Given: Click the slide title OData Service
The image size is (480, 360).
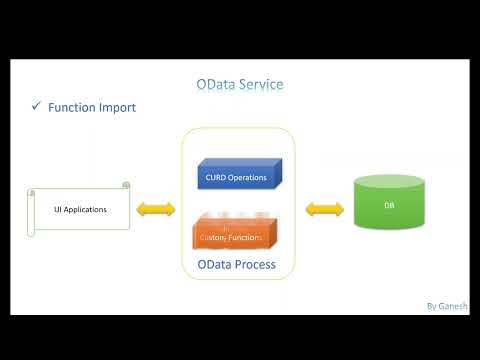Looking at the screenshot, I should [239, 84].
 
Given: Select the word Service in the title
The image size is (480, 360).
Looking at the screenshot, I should [260, 84].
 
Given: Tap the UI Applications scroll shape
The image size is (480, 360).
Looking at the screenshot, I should [79, 209].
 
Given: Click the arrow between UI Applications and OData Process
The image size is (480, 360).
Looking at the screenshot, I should [155, 210].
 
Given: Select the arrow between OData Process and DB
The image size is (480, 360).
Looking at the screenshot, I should [324, 210].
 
